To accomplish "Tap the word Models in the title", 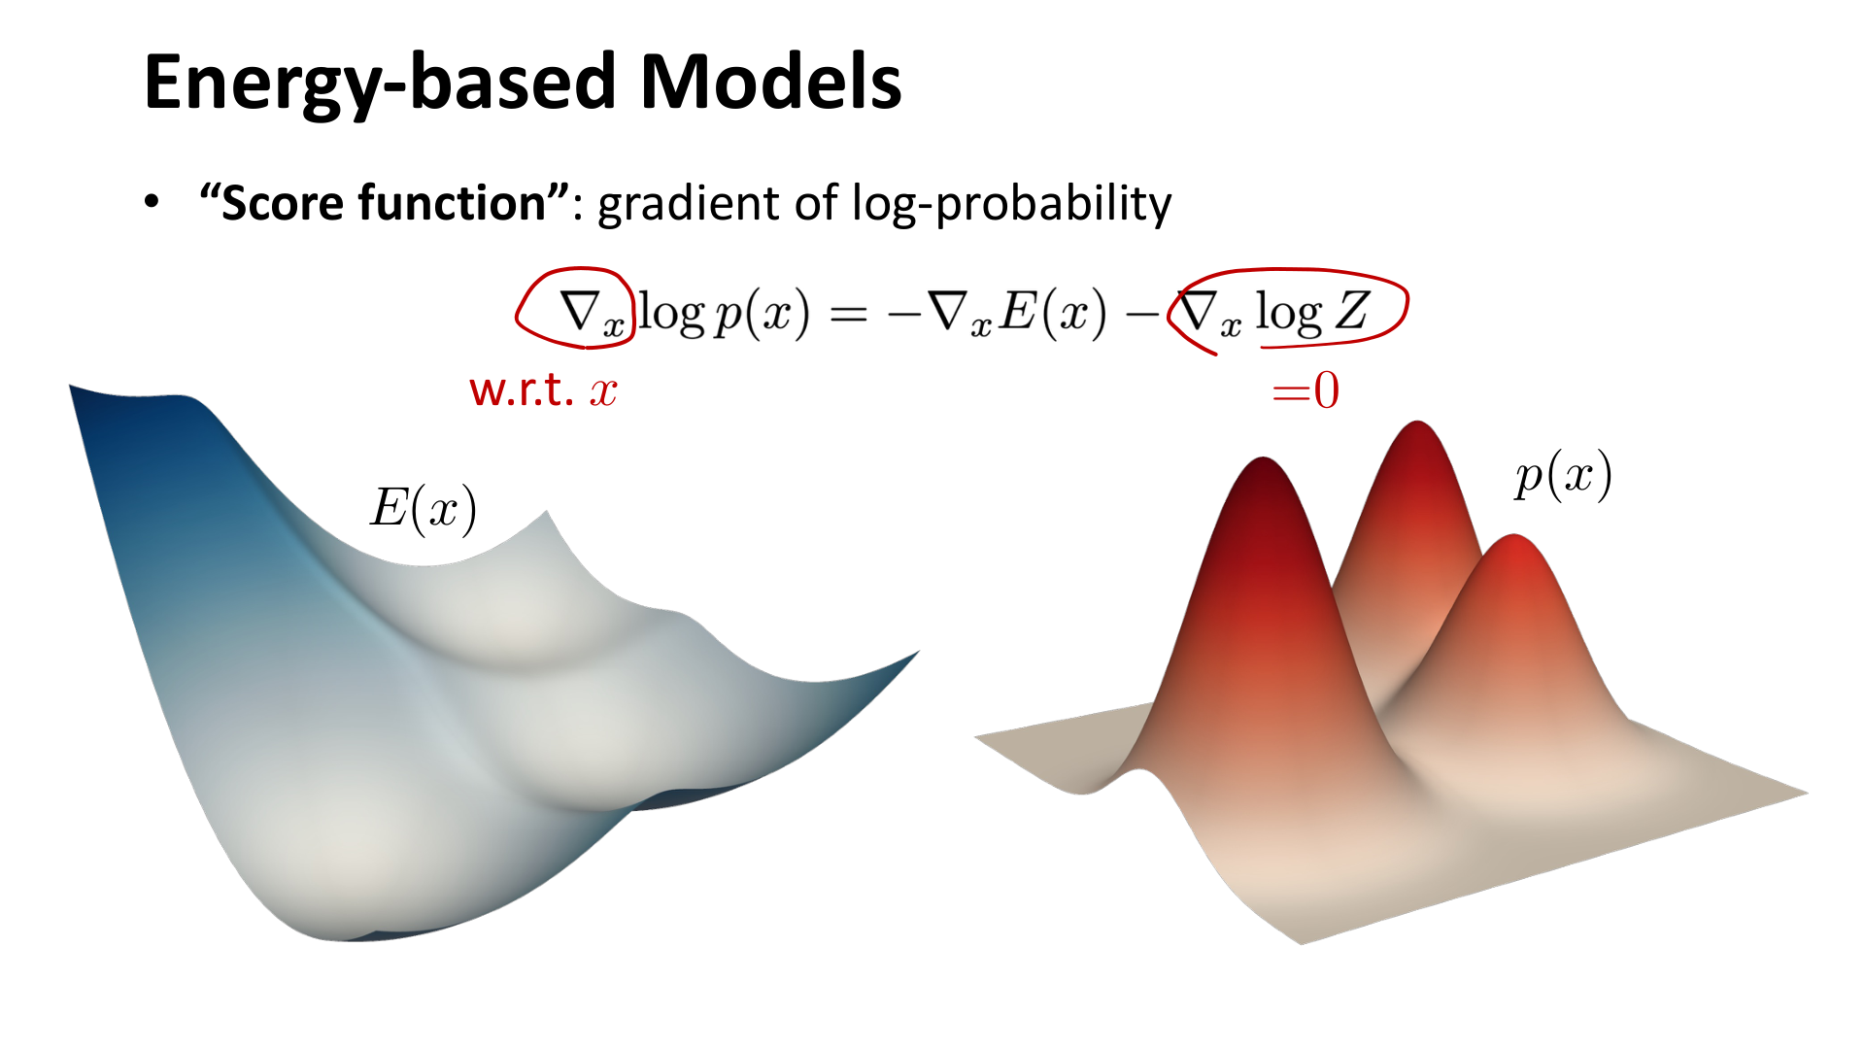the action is click(x=771, y=81).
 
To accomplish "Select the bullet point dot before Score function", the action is click(x=152, y=202).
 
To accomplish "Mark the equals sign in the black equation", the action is click(x=848, y=315).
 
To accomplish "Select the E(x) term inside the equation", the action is click(x=1054, y=314).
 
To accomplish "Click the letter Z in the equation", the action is click(x=1352, y=312).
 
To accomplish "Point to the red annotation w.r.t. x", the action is click(x=543, y=390).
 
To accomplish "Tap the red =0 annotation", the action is click(x=1305, y=390).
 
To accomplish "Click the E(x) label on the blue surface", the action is click(x=424, y=509).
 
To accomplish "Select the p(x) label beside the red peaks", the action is click(x=1563, y=476).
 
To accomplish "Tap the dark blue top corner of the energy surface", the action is click(x=70, y=387).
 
